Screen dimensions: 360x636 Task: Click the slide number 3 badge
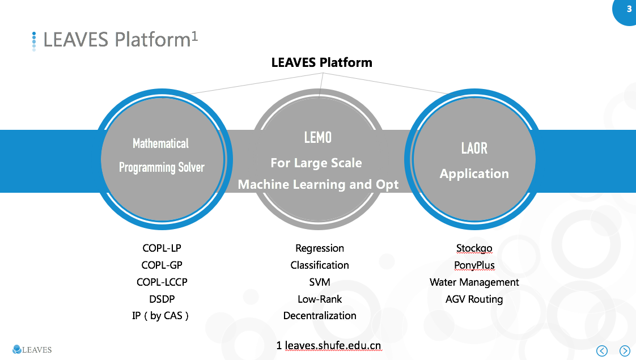click(x=629, y=9)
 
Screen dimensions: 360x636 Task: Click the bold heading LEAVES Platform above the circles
click(x=321, y=62)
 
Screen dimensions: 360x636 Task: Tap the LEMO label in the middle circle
click(x=317, y=138)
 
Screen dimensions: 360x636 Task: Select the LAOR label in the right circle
click(x=474, y=149)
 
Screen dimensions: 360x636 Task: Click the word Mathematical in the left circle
click(x=160, y=143)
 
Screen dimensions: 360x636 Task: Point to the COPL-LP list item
click(x=162, y=248)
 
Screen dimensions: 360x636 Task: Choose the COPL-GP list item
click(x=162, y=265)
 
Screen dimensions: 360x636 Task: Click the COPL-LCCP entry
click(x=162, y=282)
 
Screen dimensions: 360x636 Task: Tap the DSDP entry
click(x=162, y=299)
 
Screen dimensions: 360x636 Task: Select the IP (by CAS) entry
click(x=160, y=316)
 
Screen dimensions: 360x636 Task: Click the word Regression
click(x=320, y=248)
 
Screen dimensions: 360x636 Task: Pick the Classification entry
click(x=320, y=265)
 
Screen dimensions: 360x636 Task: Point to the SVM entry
click(x=320, y=282)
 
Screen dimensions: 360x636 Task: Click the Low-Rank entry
click(x=320, y=299)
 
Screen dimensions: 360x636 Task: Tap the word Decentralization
click(x=320, y=316)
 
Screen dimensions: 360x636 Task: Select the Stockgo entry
click(x=474, y=248)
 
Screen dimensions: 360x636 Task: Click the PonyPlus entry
click(x=474, y=265)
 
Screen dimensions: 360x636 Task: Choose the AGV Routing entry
click(x=474, y=299)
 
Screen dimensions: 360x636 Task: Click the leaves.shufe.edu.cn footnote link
click(x=333, y=345)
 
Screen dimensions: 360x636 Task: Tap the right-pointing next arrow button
click(x=625, y=350)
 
